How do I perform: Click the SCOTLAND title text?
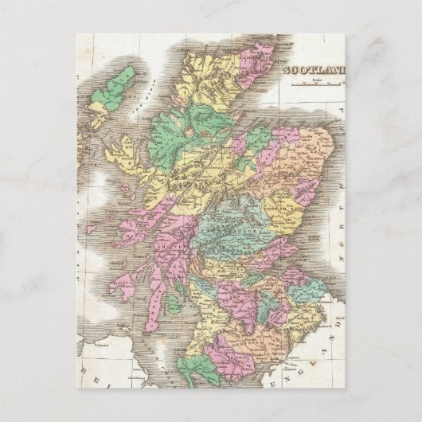315,70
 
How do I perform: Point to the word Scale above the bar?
316,79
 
